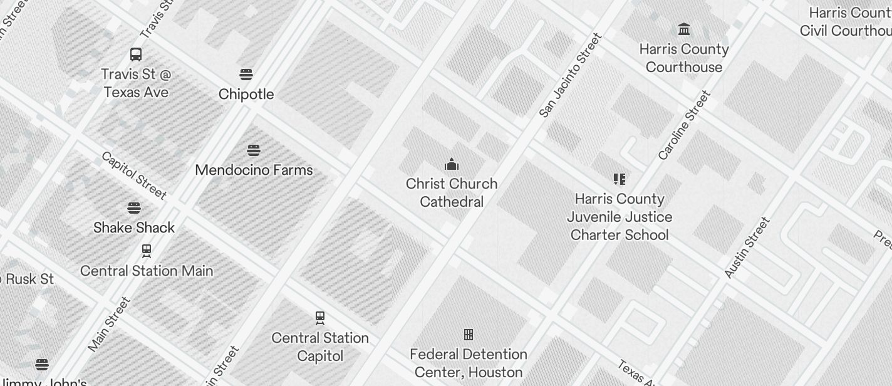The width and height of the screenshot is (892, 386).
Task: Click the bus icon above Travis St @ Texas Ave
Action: [136, 55]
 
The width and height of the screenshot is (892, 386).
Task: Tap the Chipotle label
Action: [246, 94]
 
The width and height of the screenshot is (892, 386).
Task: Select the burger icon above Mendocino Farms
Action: [254, 150]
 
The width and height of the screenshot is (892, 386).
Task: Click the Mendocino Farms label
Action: [254, 170]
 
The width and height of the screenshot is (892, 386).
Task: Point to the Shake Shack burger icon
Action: [134, 208]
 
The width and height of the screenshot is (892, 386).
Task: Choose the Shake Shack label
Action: [134, 227]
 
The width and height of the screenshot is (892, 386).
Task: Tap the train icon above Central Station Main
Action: [147, 251]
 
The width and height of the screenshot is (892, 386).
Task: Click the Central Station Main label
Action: [147, 271]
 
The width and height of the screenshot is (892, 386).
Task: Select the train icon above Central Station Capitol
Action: [320, 318]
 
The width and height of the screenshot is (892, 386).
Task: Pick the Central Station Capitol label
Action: [320, 347]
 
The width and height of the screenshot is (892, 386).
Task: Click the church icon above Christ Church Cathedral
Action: [452, 165]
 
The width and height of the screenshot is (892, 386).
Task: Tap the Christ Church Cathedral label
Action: [452, 192]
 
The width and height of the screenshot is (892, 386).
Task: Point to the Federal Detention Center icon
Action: [469, 334]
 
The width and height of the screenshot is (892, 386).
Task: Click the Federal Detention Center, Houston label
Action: [469, 363]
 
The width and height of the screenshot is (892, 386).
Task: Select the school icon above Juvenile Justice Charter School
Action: [620, 179]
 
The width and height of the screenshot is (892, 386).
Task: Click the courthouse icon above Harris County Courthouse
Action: [684, 29]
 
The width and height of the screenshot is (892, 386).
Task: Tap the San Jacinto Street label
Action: [571, 75]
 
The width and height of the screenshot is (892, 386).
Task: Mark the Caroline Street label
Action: [685, 125]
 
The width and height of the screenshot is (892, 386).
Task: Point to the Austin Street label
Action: [747, 248]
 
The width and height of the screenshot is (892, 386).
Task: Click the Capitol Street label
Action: [133, 175]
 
